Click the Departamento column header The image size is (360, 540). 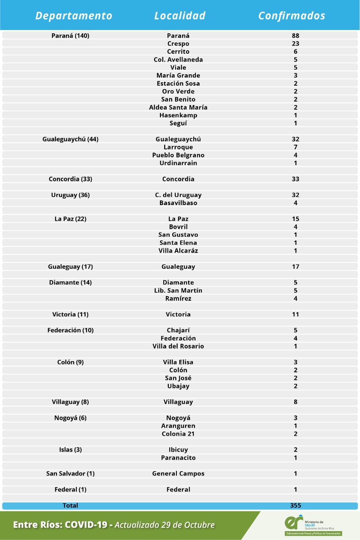point(74,16)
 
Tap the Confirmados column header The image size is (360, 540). point(292,16)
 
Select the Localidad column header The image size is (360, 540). point(180,16)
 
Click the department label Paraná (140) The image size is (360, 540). point(70,36)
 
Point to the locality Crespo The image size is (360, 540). point(178,44)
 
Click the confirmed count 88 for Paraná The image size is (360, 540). point(295,36)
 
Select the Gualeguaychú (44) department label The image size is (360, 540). point(70,139)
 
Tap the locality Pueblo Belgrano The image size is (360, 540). point(178,155)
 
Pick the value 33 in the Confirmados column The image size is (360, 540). point(295,179)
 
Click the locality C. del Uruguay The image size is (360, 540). point(178,195)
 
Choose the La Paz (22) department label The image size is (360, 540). point(70,219)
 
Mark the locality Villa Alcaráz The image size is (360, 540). point(178,251)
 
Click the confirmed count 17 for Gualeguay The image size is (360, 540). point(295,267)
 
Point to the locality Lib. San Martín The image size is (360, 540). point(178,291)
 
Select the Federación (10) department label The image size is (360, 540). point(70,330)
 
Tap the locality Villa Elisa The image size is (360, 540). point(178,362)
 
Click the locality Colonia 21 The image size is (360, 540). point(178,434)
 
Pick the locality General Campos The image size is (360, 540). point(178,474)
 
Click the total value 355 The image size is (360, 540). point(295,505)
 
